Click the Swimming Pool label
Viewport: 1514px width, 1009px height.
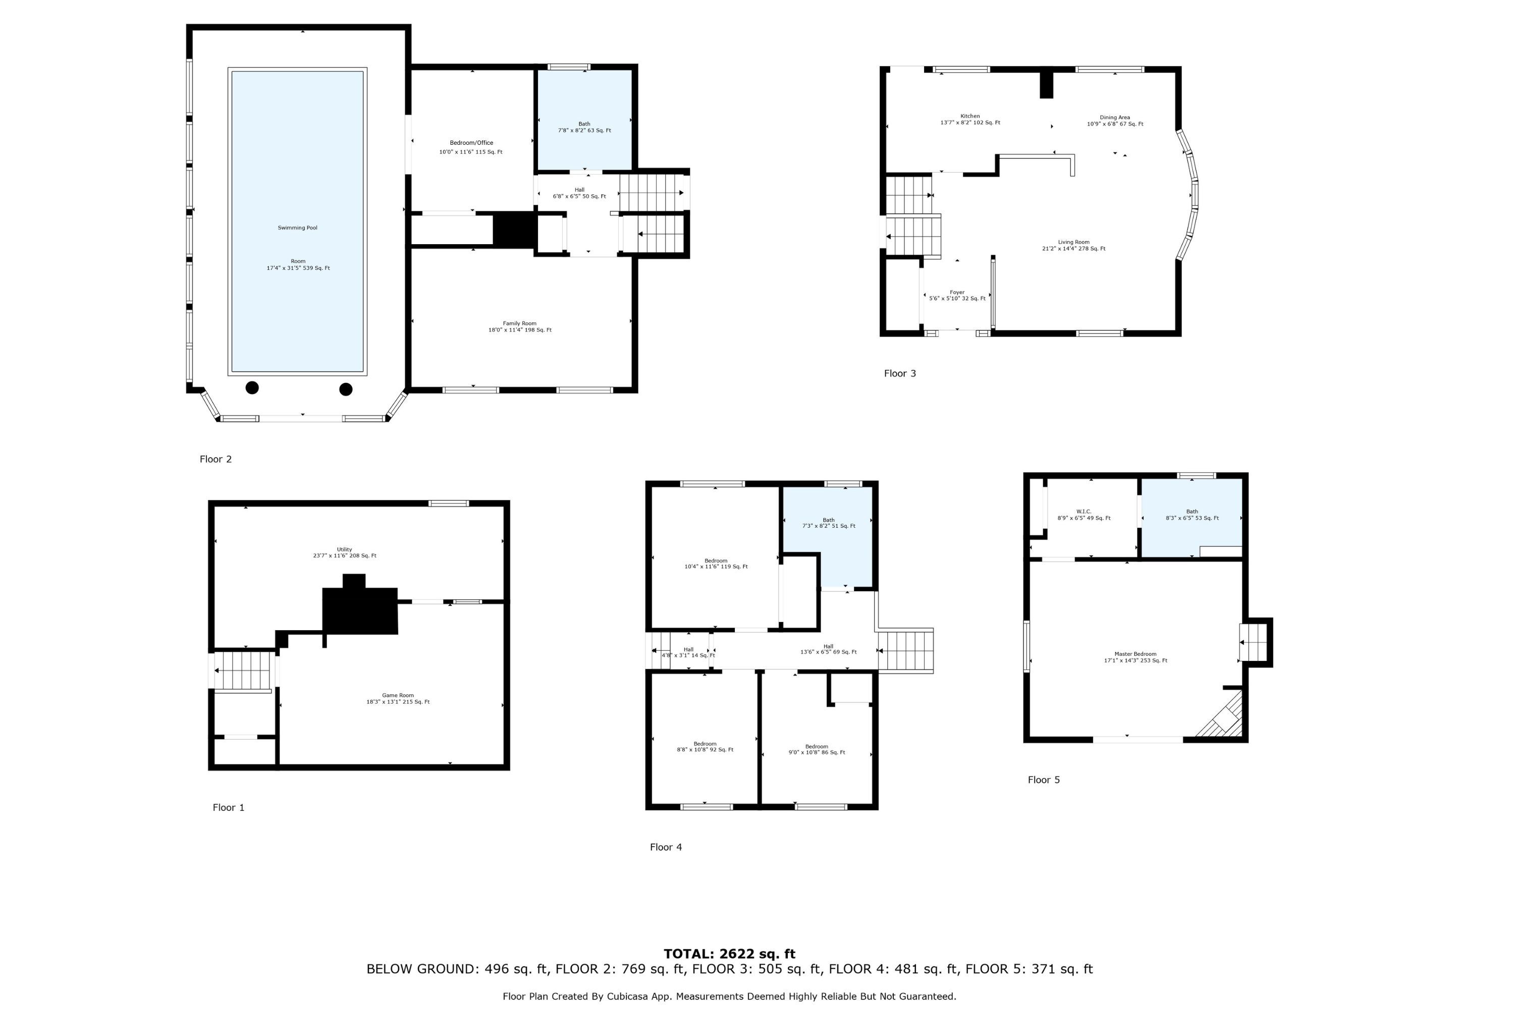pyautogui.click(x=297, y=228)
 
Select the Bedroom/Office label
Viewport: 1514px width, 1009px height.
pyautogui.click(x=471, y=143)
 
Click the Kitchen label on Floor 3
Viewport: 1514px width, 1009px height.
pyautogui.click(x=970, y=117)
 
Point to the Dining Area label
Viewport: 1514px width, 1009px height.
pyautogui.click(x=1115, y=118)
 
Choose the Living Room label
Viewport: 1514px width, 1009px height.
pyautogui.click(x=1074, y=243)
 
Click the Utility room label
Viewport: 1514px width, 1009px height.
pyautogui.click(x=344, y=549)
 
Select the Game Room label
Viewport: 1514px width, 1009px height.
pyautogui.click(x=398, y=696)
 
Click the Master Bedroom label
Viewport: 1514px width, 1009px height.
pyautogui.click(x=1135, y=654)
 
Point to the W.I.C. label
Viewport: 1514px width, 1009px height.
pyautogui.click(x=1084, y=512)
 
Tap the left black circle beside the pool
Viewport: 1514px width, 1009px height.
pyautogui.click(x=252, y=387)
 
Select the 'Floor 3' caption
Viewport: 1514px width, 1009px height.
pyautogui.click(x=899, y=373)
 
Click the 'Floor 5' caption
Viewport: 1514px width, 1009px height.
pyautogui.click(x=1044, y=780)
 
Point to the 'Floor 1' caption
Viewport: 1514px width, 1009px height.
pyautogui.click(x=229, y=808)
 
